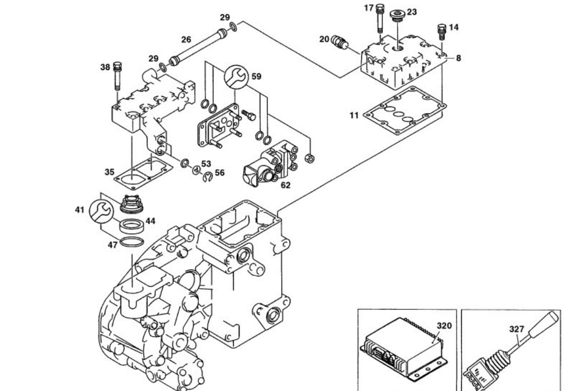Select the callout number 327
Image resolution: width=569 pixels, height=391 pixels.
tap(517, 329)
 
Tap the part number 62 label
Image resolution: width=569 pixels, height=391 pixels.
tap(286, 184)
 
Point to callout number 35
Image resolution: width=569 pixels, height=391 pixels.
tap(109, 171)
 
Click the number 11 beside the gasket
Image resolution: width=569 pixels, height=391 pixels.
tap(354, 115)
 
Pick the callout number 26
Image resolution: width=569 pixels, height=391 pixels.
tap(186, 39)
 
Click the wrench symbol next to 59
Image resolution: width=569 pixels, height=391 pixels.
tap(234, 77)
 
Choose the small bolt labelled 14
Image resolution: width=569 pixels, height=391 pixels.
tap(441, 32)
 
